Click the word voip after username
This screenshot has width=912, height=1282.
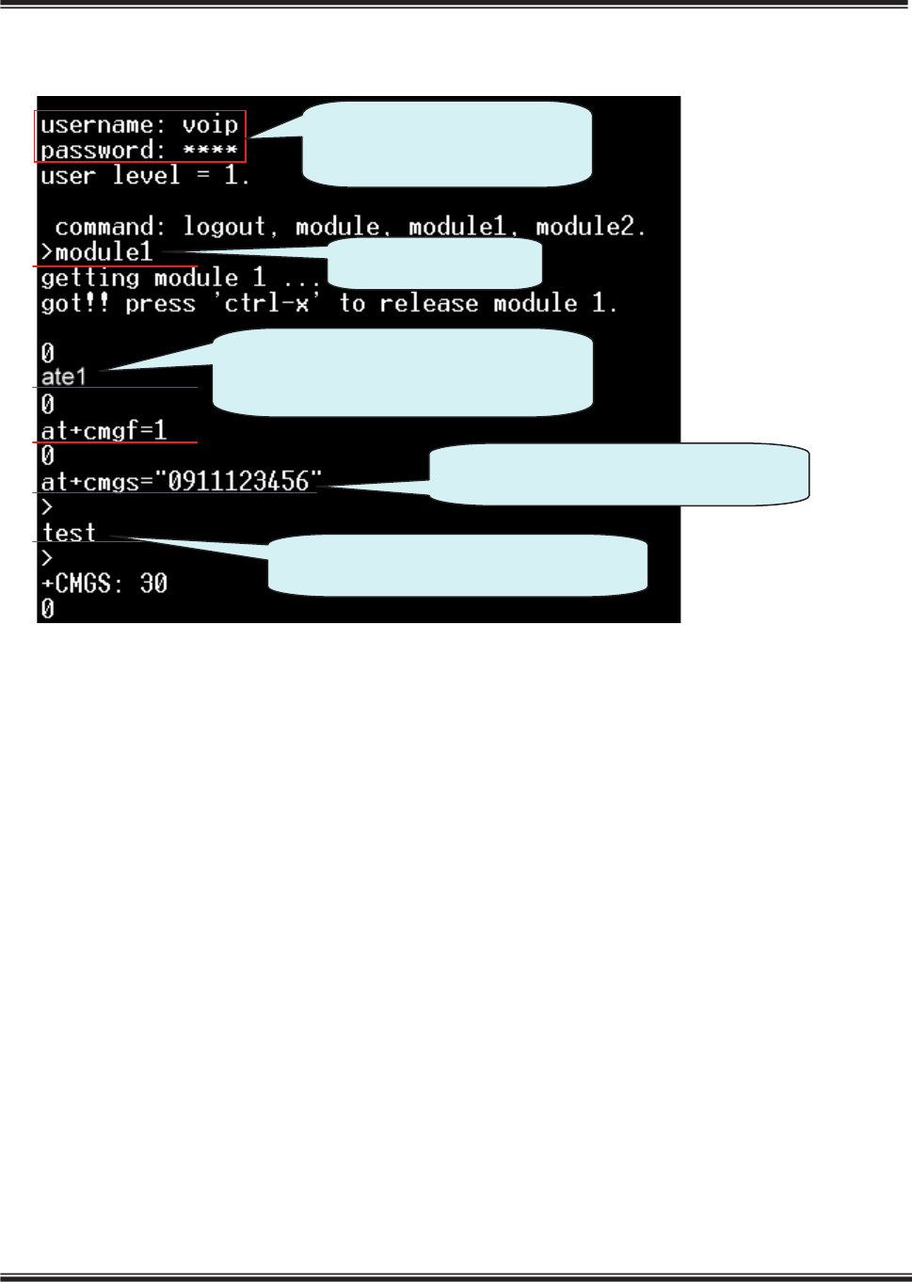click(210, 125)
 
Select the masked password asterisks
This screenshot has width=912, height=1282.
click(210, 151)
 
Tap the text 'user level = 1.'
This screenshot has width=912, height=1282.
click(144, 176)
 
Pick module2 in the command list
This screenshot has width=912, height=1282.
click(590, 227)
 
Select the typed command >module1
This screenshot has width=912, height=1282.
click(97, 252)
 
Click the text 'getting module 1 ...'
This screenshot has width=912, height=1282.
click(180, 278)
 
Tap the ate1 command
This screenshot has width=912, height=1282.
click(64, 377)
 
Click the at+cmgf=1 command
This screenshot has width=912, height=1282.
click(104, 431)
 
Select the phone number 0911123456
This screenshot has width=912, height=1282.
click(239, 482)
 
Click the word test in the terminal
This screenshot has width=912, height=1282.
click(69, 533)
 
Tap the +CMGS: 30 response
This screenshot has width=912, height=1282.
click(104, 584)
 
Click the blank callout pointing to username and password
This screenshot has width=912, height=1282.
click(447, 143)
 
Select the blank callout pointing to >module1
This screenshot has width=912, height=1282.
click(435, 263)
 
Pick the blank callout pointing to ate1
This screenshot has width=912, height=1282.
click(403, 372)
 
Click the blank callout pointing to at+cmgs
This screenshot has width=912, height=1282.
click(619, 475)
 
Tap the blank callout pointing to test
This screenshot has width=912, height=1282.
click(458, 565)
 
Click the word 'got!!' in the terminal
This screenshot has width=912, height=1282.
click(74, 303)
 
